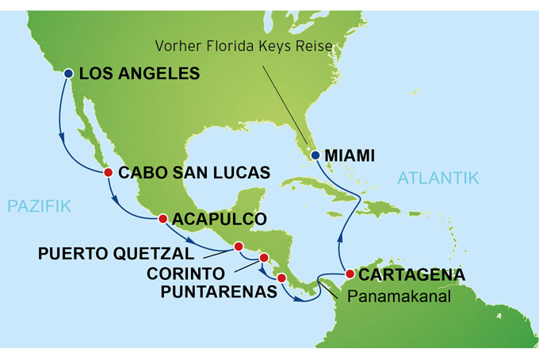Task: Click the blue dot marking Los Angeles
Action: pos(67,74)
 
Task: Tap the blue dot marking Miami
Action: pos(315,155)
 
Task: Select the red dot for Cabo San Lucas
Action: pos(109,172)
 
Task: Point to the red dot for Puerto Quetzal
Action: pos(238,247)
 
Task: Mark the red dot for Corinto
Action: pos(265,258)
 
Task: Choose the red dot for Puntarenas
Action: pos(281,278)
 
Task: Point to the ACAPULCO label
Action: pos(219,219)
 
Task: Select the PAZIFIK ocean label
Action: pos(40,207)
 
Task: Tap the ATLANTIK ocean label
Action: pos(438,178)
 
